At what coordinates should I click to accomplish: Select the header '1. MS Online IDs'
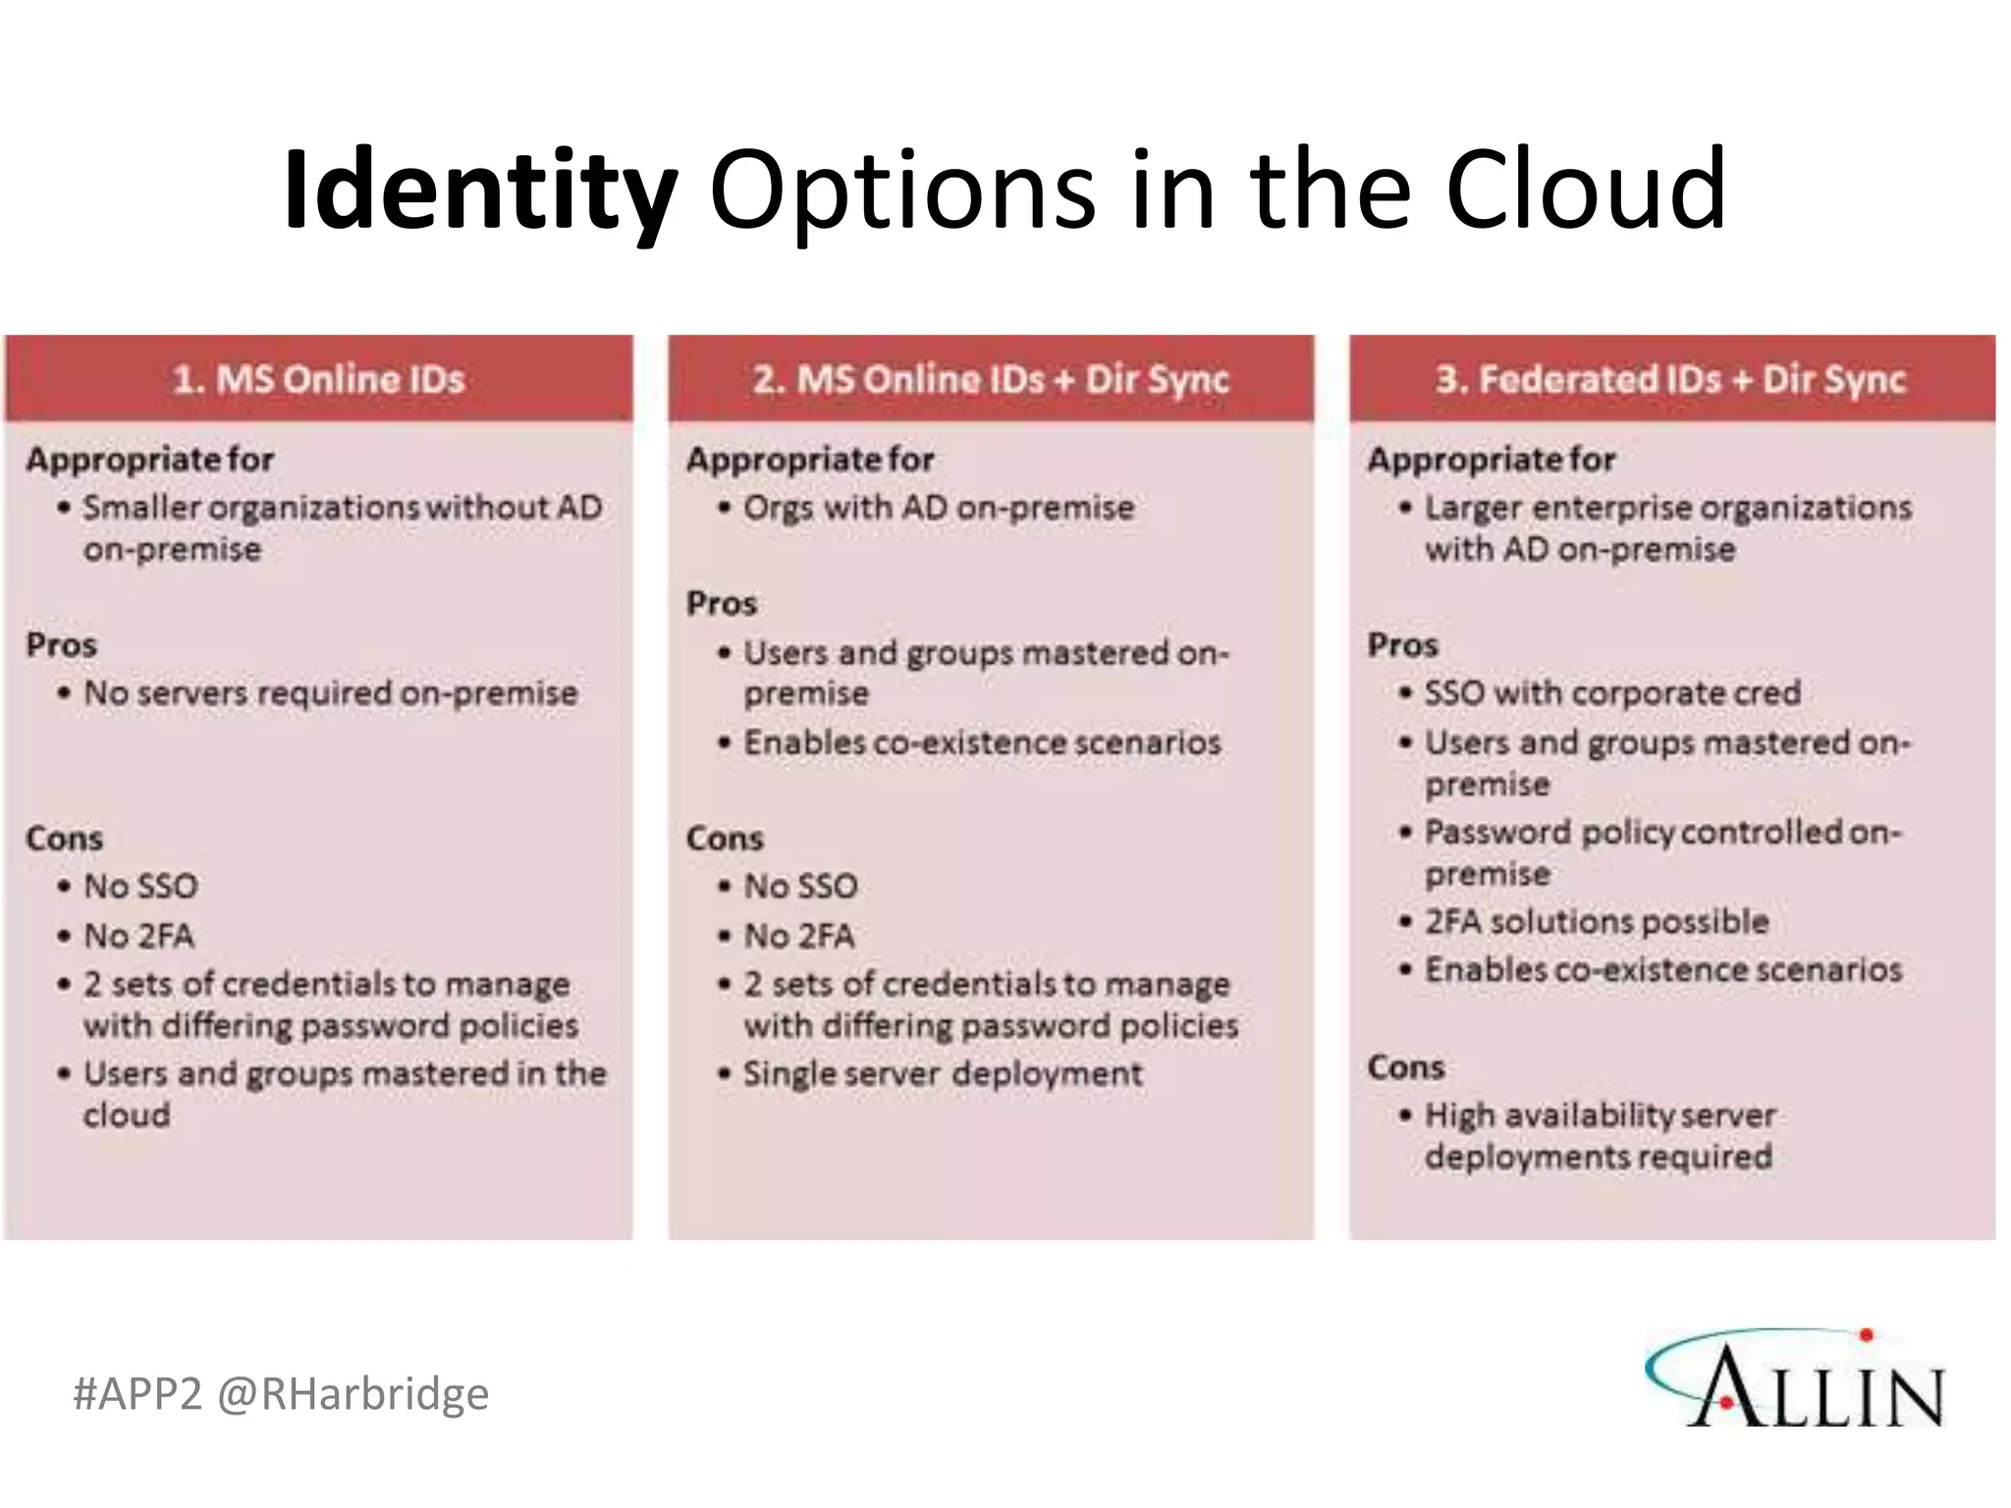click(x=318, y=379)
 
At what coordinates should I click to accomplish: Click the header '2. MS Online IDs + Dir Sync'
click(x=990, y=379)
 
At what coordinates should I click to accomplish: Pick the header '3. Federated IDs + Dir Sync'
click(x=1670, y=379)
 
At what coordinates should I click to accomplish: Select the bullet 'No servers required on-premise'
click(x=330, y=693)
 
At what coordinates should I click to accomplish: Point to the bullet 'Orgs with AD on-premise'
click(x=938, y=508)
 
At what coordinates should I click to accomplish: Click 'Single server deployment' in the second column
click(x=943, y=1073)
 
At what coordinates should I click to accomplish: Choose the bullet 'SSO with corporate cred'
click(x=1612, y=693)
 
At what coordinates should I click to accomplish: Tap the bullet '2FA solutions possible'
click(x=1597, y=922)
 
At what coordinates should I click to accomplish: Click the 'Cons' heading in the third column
click(x=1405, y=1067)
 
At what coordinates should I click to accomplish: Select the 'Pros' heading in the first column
click(x=62, y=645)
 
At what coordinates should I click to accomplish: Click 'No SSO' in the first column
click(x=140, y=887)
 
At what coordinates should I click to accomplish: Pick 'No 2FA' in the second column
click(x=799, y=936)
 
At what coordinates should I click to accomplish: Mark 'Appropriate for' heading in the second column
click(x=810, y=459)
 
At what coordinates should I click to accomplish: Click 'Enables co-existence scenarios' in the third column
click(x=1663, y=970)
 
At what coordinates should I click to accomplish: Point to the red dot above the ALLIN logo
click(x=1867, y=1334)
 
